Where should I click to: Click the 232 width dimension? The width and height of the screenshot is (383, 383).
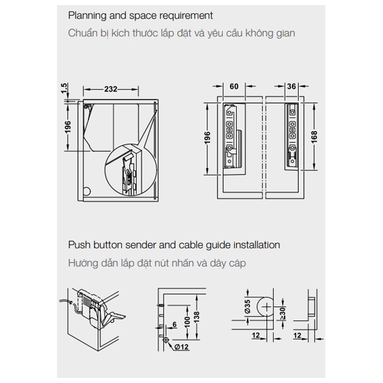[111, 89]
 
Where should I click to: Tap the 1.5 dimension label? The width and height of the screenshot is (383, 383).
[64, 87]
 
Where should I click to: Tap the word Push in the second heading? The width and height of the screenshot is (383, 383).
[79, 244]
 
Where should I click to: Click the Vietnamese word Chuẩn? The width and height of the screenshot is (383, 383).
[85, 33]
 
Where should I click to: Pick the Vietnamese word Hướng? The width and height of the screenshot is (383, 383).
[85, 262]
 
